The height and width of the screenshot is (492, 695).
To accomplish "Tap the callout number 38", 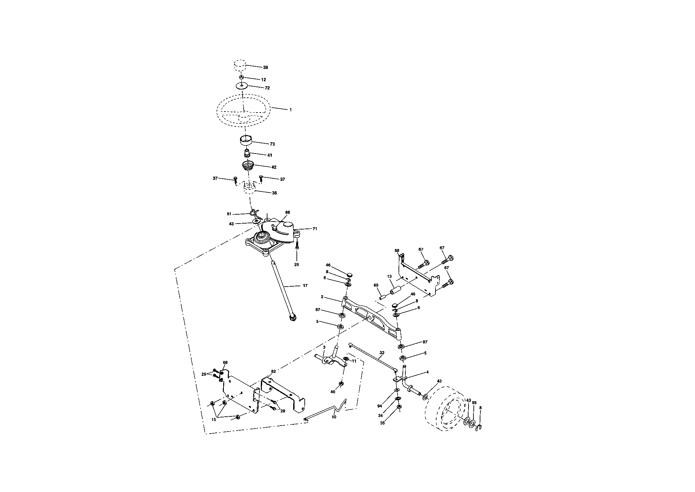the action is [265, 67].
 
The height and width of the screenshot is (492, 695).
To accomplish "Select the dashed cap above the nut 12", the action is [240, 65].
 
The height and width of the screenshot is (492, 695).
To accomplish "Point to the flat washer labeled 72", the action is [242, 86].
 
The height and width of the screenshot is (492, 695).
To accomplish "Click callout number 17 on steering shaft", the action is [305, 285].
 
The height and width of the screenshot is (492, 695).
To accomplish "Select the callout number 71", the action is [315, 228].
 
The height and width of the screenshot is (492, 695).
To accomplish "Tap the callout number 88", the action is [288, 212].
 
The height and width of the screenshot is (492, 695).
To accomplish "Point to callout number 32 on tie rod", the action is [382, 353].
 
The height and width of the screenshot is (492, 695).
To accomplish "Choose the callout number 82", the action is [273, 371].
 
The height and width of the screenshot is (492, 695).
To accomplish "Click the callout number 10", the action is [334, 417].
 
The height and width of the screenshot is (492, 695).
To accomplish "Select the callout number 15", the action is [214, 419].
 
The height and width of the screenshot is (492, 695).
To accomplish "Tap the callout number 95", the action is [474, 403].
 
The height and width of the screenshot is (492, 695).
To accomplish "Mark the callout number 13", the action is [389, 276].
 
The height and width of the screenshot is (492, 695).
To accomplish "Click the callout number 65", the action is [376, 285].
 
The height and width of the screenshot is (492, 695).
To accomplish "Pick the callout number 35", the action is [382, 423].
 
